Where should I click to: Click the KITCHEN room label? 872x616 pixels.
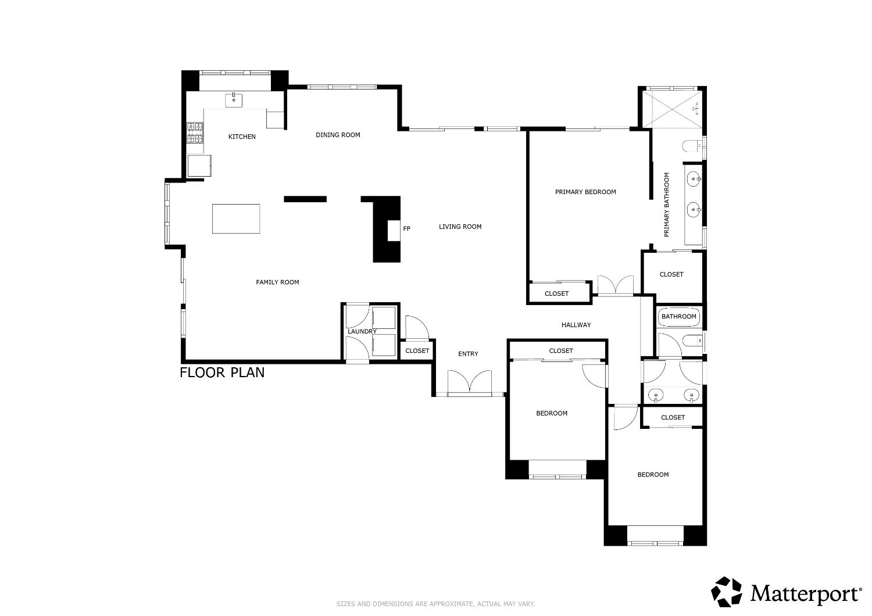coord(242,137)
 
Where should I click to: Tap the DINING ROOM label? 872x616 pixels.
coord(338,135)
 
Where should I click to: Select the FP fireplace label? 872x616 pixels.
coord(407,229)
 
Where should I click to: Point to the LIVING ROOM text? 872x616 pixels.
coord(460,227)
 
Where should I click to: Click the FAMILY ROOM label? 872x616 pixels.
coord(277,282)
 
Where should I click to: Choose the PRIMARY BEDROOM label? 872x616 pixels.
coord(585,192)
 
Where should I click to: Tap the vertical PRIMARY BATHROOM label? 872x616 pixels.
coord(667,205)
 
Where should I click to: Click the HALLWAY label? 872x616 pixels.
coord(576,325)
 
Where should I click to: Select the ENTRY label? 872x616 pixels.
coord(468,354)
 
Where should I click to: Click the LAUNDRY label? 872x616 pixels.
coord(362,331)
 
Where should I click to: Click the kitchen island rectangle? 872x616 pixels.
coord(236,219)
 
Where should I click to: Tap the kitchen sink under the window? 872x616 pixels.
coord(234,100)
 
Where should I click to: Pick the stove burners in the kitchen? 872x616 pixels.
coord(195,132)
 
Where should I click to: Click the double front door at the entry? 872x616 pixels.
coord(470,383)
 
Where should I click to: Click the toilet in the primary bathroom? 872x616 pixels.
coord(693,145)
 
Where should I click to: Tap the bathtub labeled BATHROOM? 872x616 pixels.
coord(679,317)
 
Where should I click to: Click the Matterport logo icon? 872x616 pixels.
coord(727,592)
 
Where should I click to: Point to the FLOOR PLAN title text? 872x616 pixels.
coord(222,373)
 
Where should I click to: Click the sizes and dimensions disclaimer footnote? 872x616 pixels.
coord(435,604)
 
